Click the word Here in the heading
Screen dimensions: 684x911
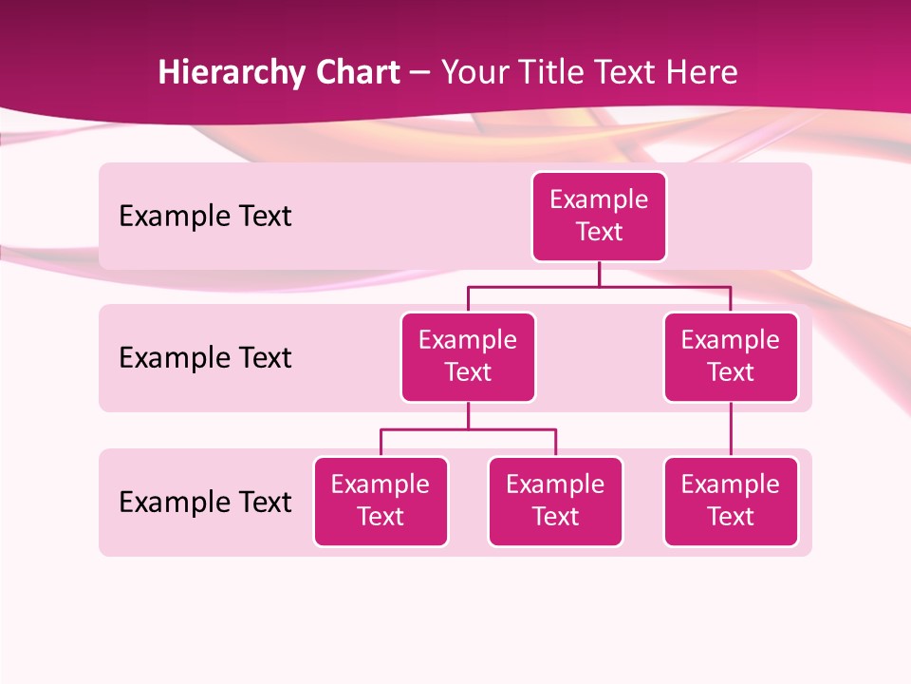[700, 72]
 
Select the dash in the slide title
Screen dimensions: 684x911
[420, 73]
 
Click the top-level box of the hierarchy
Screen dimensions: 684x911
[599, 216]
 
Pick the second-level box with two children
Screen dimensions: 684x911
[468, 356]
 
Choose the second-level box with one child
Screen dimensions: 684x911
[731, 356]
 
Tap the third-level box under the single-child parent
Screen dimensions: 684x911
[731, 501]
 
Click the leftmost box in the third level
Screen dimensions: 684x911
[381, 501]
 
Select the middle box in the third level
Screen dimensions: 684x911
[555, 501]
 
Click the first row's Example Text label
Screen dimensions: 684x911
[205, 217]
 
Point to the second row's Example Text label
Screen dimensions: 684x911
[205, 358]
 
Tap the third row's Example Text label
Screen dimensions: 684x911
[205, 502]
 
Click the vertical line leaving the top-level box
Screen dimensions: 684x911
[599, 274]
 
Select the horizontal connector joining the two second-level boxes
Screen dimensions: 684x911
[599, 286]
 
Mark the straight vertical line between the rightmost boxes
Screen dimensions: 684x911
[731, 429]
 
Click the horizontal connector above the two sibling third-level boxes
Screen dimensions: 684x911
[468, 429]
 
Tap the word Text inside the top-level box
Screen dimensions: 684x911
[599, 232]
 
